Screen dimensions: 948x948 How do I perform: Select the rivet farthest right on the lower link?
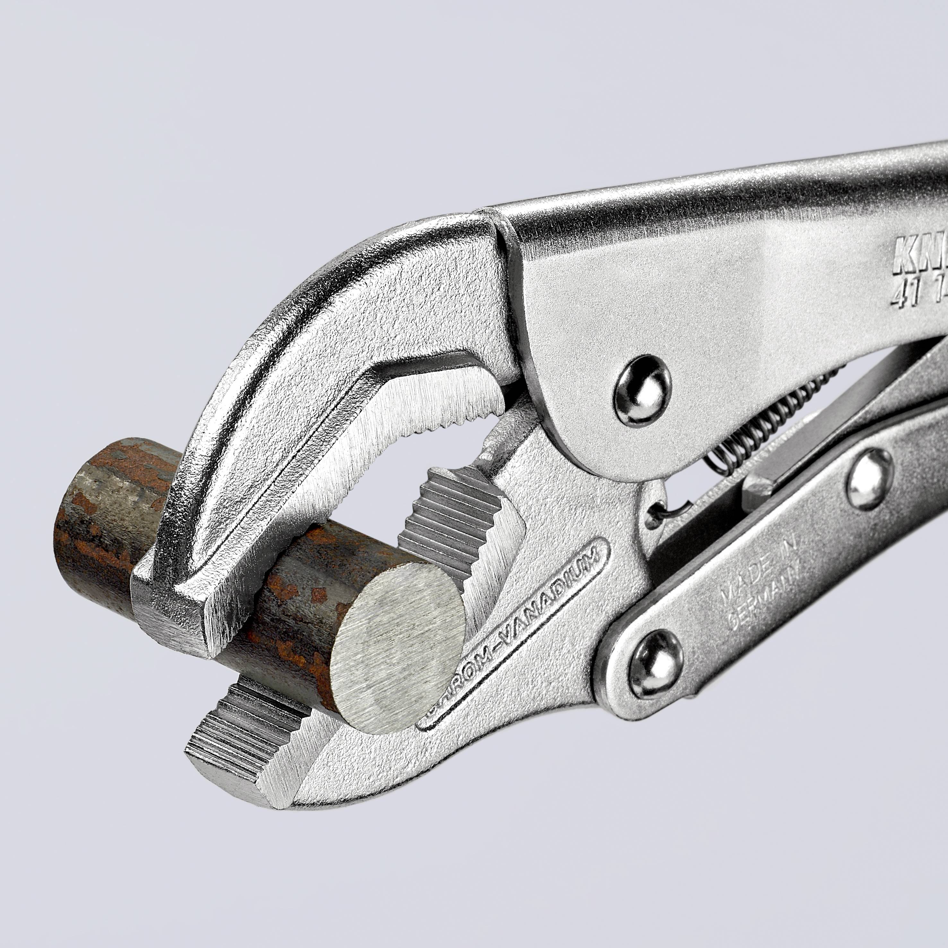tap(869, 476)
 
